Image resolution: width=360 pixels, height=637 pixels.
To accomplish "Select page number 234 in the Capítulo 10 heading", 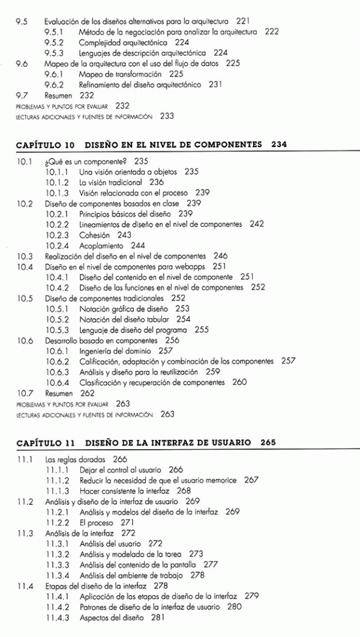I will click(x=278, y=145).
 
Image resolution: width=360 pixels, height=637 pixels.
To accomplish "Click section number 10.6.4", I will click(x=61, y=382).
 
